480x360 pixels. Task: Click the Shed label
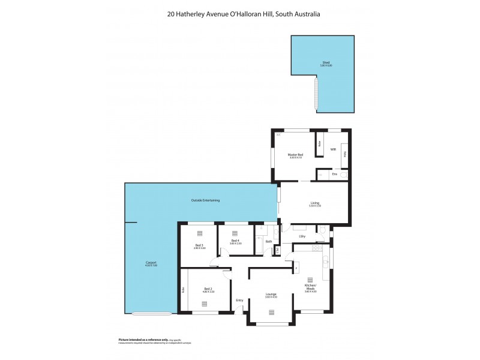325,62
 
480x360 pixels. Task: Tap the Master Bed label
296,155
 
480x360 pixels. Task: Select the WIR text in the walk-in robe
332,149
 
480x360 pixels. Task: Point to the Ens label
334,175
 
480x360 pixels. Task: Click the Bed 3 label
199,245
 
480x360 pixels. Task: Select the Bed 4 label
235,241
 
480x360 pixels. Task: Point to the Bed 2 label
208,289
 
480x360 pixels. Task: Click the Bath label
269,242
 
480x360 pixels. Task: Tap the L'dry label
302,237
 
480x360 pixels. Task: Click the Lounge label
271,294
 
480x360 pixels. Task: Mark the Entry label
239,300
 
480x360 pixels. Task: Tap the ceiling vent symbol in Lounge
271,312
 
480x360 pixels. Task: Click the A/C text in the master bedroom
278,135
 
